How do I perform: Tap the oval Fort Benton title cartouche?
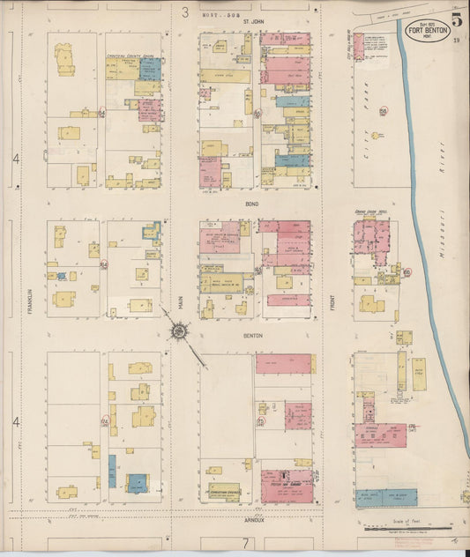point(426,32)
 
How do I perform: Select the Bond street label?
point(252,202)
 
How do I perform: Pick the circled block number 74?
point(104,421)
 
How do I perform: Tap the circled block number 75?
point(259,421)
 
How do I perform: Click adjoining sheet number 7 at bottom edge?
point(244,544)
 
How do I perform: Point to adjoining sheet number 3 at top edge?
point(186,11)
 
